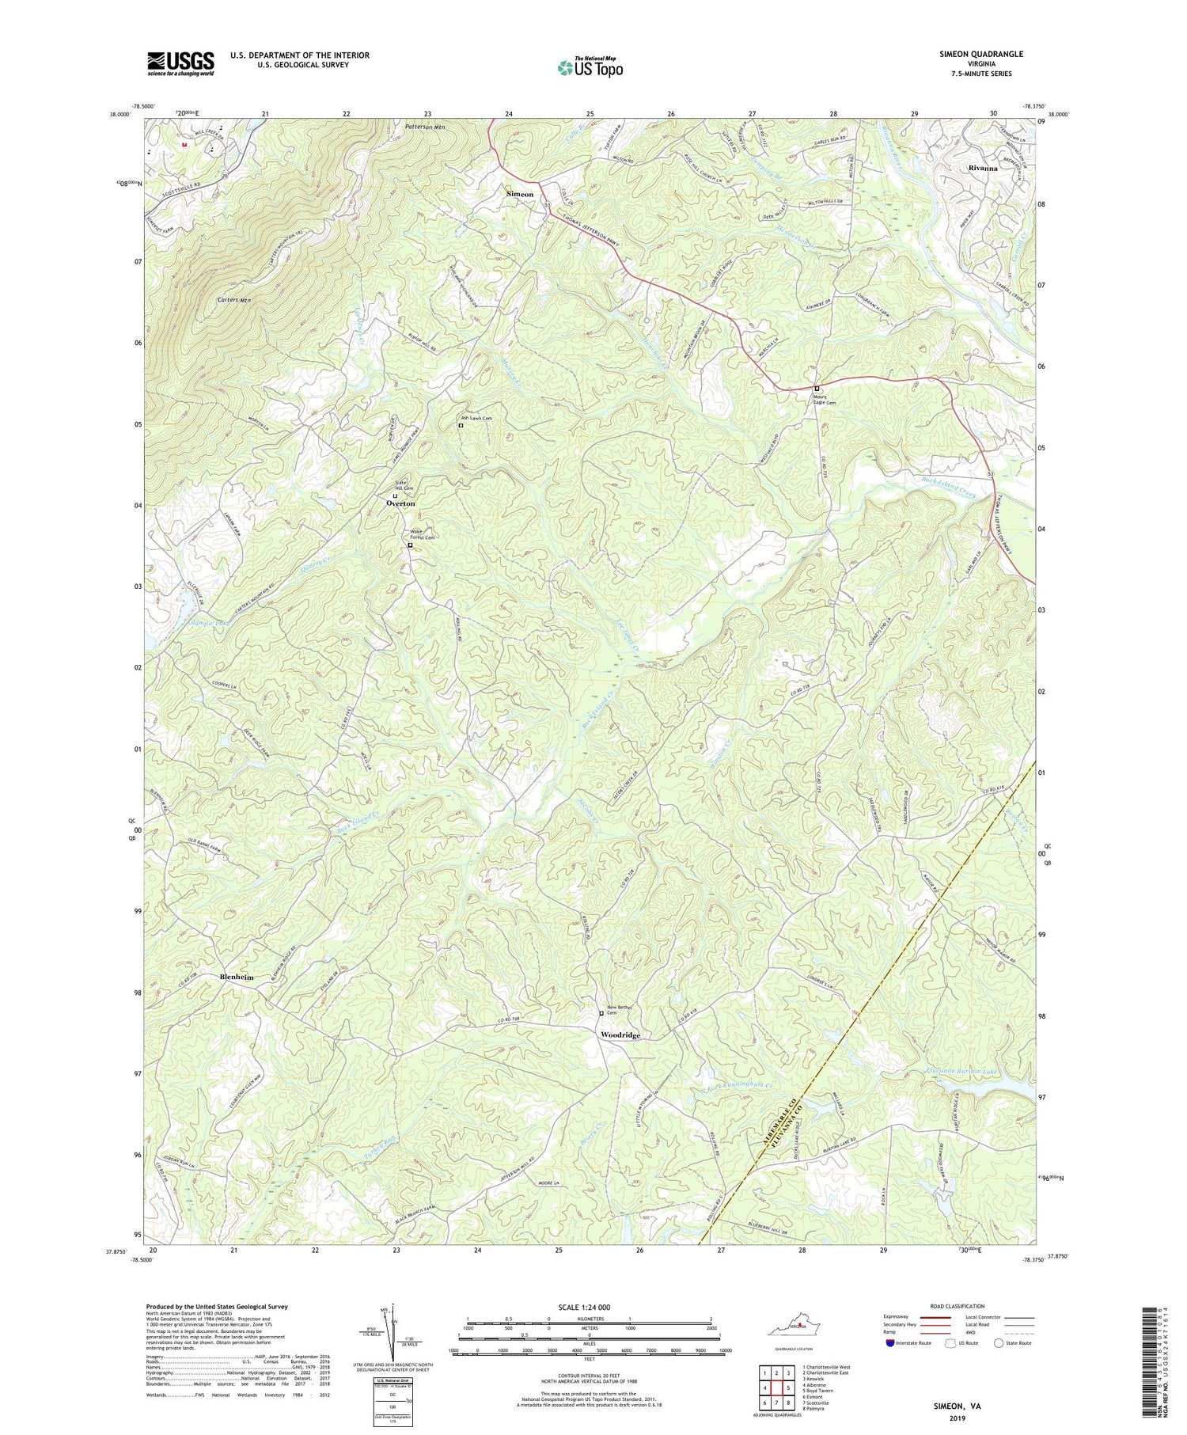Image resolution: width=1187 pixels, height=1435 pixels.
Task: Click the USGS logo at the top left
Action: (180, 63)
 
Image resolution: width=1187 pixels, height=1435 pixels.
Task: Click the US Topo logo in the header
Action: (590, 68)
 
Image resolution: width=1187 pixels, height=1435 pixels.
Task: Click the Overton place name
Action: (400, 503)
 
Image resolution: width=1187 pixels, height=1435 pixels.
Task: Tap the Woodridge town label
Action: (620, 1035)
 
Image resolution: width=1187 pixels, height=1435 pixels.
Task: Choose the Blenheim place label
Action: (237, 978)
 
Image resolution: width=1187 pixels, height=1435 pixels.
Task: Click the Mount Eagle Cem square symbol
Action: (817, 389)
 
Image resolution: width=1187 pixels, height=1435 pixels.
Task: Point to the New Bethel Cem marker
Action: (601, 1013)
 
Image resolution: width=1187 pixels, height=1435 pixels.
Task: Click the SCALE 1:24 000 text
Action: (590, 1308)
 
